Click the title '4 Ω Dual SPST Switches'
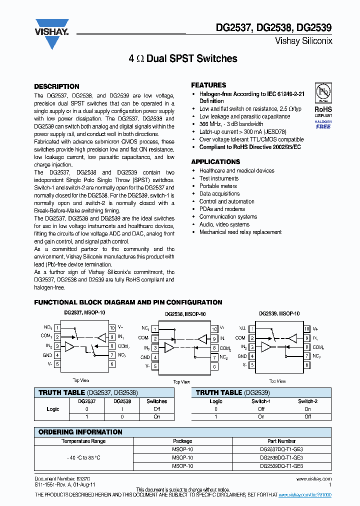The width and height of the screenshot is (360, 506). click(183, 59)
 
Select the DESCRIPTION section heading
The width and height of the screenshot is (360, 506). click(56, 86)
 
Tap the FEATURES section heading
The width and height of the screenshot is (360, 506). click(208, 85)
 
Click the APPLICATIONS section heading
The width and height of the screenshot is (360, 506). click(215, 162)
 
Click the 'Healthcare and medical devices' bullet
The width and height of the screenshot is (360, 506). click(236, 170)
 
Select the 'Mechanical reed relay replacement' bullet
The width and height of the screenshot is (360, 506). click(240, 232)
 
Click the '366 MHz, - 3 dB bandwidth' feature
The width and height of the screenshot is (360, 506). click(231, 124)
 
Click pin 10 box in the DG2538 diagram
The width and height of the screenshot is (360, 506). click(214, 329)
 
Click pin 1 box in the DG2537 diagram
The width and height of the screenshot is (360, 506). click(57, 328)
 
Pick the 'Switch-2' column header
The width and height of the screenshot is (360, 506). click(307, 401)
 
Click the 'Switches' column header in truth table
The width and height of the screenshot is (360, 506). click(156, 401)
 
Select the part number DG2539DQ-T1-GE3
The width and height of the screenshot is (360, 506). click(281, 465)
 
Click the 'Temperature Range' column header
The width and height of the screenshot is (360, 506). click(83, 441)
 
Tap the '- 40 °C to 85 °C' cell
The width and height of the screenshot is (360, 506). click(83, 457)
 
